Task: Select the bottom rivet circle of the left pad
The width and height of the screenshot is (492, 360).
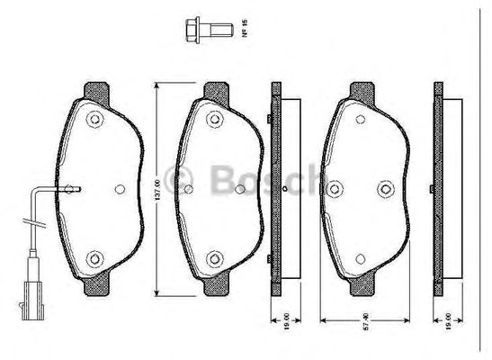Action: (93, 259)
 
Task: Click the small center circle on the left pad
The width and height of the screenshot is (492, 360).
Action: (121, 189)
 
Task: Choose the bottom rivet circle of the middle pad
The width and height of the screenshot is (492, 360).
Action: (214, 259)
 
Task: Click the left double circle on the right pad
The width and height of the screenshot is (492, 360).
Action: (337, 188)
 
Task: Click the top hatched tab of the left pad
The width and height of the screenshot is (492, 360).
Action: (94, 90)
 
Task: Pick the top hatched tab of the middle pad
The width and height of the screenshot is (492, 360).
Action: (215, 90)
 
